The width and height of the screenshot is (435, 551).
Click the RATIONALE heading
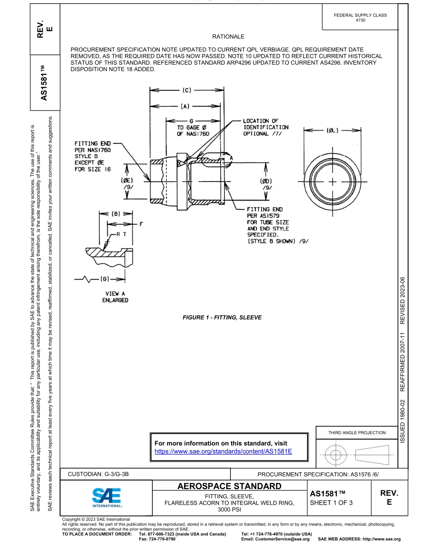pos(228,37)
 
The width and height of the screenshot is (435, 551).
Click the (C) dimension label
pos(186,90)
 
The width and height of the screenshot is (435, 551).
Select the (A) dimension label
pos(185,106)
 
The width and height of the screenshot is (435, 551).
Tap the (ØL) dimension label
pos(333,131)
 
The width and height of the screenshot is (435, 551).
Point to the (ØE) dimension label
pos(127,180)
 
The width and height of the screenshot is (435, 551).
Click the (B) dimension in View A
pos(116,213)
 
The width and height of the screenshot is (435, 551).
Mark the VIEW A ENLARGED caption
pos(115,297)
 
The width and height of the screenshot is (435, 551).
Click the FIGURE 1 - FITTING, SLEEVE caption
pos(222,317)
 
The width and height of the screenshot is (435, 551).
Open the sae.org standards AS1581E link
pos(223,451)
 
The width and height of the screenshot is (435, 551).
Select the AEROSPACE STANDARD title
pos(229,486)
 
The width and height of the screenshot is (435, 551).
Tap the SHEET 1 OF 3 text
pos(332,502)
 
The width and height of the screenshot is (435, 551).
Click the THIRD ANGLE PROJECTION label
pos(357,432)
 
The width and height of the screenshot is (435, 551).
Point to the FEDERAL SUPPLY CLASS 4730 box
pos(360,17)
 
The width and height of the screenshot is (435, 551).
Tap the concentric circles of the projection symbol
pos(336,455)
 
